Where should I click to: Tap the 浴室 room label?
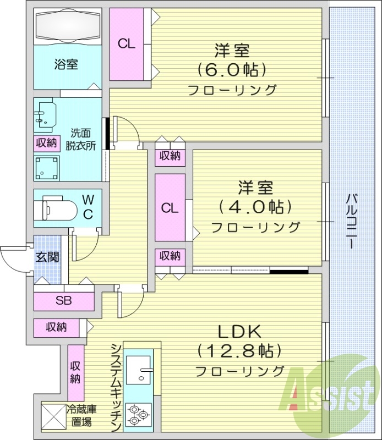click(x=66, y=64)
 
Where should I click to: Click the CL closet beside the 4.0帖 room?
click(x=170, y=208)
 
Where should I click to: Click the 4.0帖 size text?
click(x=255, y=206)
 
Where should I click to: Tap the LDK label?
click(x=239, y=332)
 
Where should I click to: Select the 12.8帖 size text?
click(x=239, y=350)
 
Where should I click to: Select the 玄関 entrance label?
click(x=47, y=257)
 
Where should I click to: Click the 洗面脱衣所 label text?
click(x=81, y=140)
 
